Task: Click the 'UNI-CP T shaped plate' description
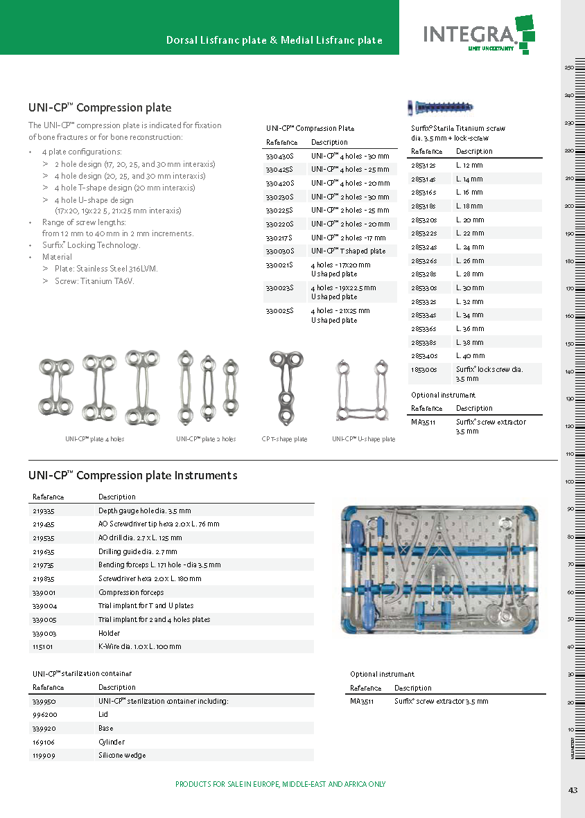(348, 251)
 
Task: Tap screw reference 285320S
(424, 220)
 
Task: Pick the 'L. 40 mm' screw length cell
(470, 355)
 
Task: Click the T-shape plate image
(285, 387)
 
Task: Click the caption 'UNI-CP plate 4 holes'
(95, 439)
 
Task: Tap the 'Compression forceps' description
(131, 592)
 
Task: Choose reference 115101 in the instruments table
(44, 646)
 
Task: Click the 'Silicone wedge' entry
(122, 755)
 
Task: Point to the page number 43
(573, 790)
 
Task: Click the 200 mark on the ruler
(569, 206)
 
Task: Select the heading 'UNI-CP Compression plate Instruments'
(132, 475)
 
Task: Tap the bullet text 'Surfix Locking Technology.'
(91, 245)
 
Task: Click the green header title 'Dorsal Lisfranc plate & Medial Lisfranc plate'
(274, 40)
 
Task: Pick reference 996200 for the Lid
(45, 714)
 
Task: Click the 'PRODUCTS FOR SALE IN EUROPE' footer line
(280, 784)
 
